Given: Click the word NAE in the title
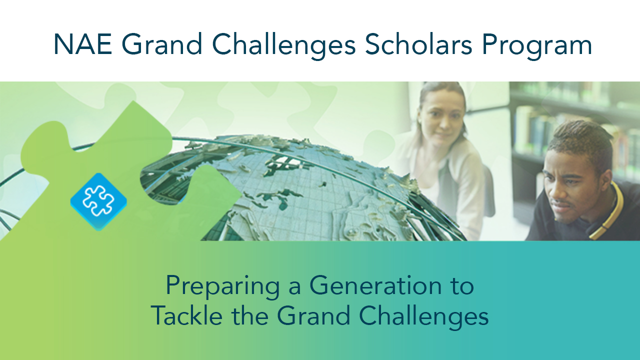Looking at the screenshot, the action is [x=83, y=44].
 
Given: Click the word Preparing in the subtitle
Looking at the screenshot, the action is [x=223, y=287].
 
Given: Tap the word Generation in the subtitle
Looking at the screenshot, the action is [x=375, y=285].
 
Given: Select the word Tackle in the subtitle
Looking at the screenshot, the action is [x=186, y=315].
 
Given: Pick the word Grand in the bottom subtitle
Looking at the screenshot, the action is [x=313, y=315].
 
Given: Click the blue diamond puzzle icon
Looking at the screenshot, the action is [x=98, y=201].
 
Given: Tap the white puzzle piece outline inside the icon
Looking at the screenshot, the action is [x=98, y=200].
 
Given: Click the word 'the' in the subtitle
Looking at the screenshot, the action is [x=249, y=315].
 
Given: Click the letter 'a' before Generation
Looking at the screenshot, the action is [x=294, y=288].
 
